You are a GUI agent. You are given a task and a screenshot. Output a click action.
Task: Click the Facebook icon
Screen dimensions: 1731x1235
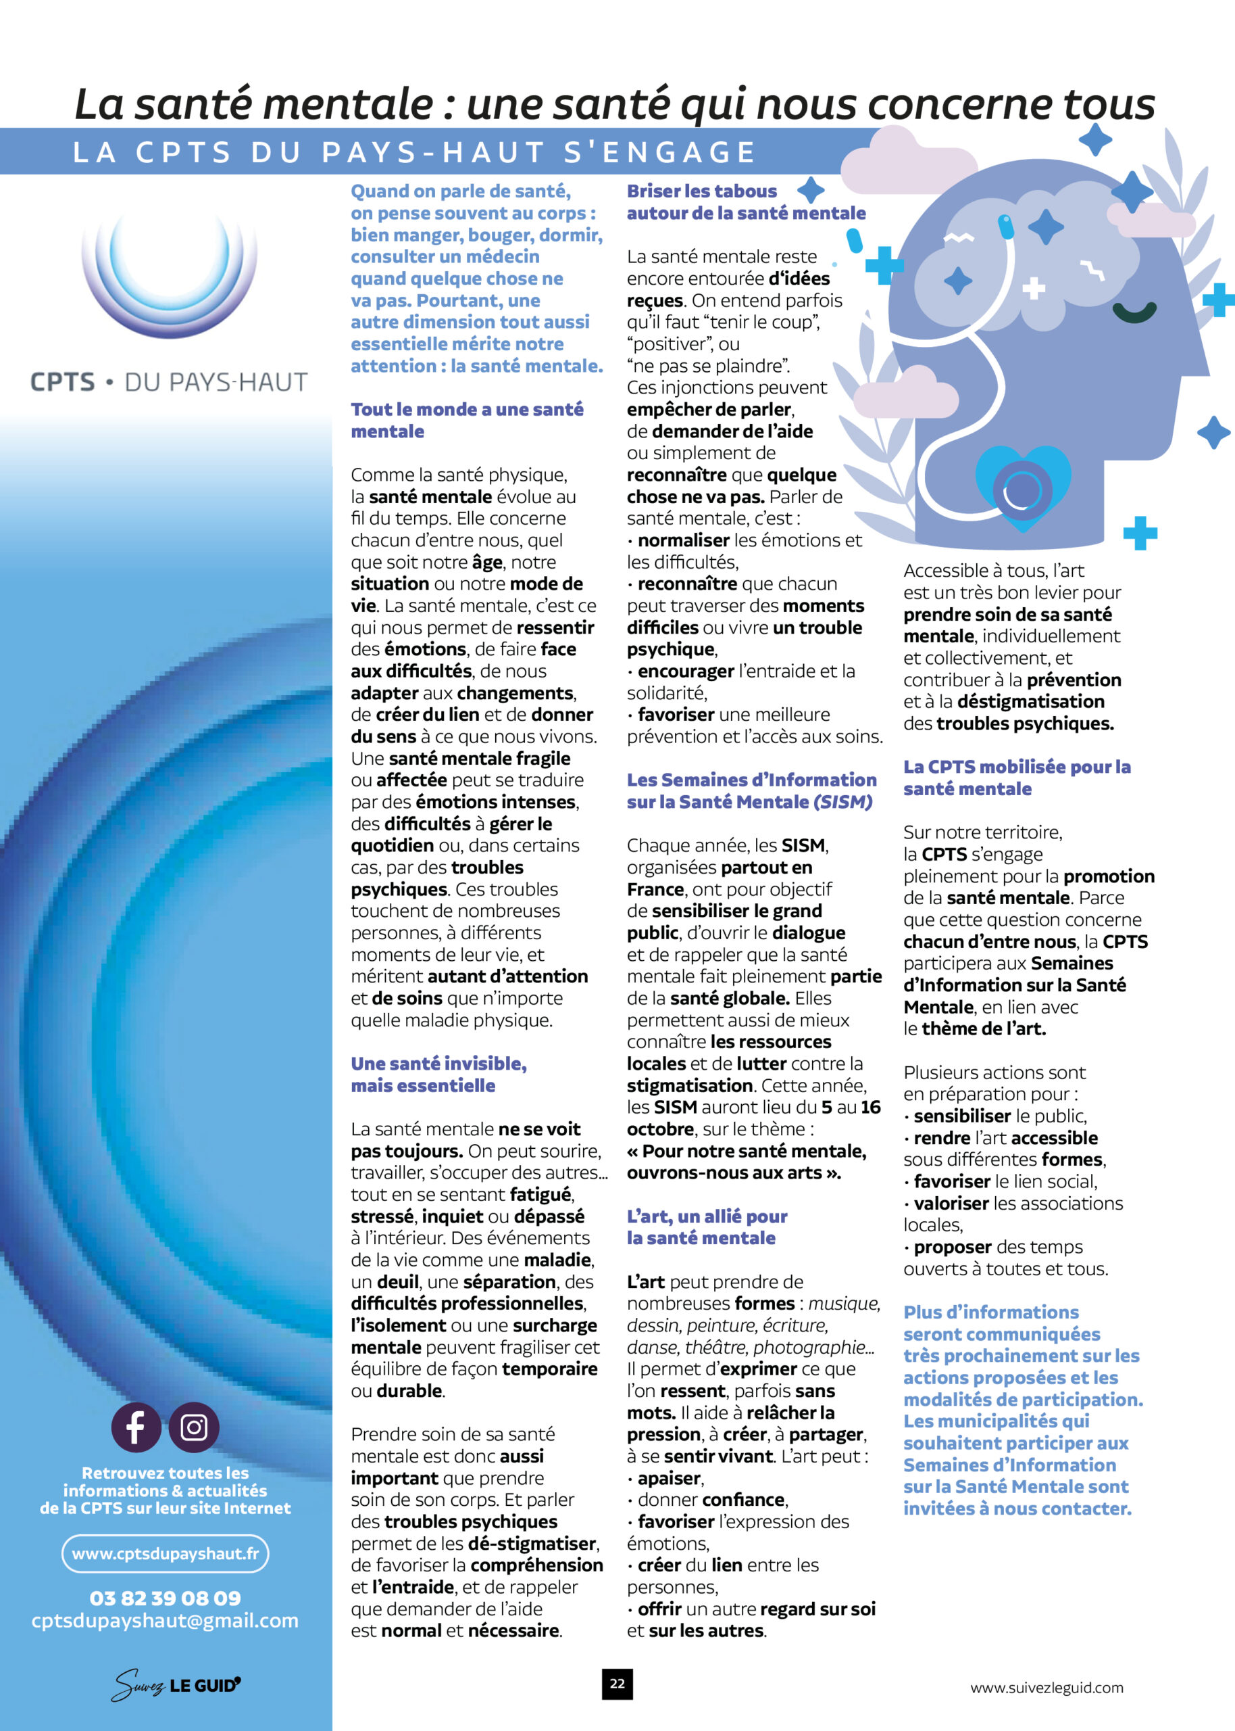[x=135, y=1427]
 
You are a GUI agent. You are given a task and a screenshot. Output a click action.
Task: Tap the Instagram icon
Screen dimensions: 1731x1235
[x=194, y=1427]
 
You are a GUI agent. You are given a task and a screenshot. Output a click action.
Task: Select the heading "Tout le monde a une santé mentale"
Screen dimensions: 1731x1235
[x=466, y=420]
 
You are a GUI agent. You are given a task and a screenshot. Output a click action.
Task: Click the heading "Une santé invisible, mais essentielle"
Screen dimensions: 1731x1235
[x=438, y=1074]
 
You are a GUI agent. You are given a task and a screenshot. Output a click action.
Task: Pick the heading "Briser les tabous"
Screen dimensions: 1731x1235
[x=701, y=191]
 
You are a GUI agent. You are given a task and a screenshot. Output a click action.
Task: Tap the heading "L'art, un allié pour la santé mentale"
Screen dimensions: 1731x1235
[x=707, y=1227]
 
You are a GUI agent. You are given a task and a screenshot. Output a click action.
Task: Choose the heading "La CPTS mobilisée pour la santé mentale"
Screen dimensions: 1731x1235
[x=1016, y=778]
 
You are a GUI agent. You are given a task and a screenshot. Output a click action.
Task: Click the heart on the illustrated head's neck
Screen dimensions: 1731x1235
[x=1022, y=488]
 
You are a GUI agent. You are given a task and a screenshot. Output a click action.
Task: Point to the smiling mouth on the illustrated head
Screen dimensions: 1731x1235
[x=1134, y=311]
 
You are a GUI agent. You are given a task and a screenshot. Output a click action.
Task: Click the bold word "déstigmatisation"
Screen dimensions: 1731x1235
[x=1030, y=702]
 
